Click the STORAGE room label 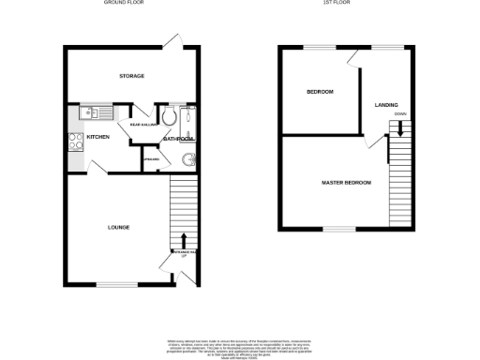click(x=131, y=76)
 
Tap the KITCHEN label click(x=97, y=138)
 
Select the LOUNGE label click(x=118, y=227)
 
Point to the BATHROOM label click(x=178, y=139)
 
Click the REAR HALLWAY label click(x=142, y=123)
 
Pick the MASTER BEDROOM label click(x=346, y=182)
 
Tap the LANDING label click(x=386, y=105)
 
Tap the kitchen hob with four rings click(x=75, y=143)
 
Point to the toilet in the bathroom click(x=168, y=117)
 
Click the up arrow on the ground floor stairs click(x=184, y=240)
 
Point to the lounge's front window click(x=116, y=284)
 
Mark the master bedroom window click(x=339, y=229)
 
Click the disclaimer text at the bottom click(x=239, y=343)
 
